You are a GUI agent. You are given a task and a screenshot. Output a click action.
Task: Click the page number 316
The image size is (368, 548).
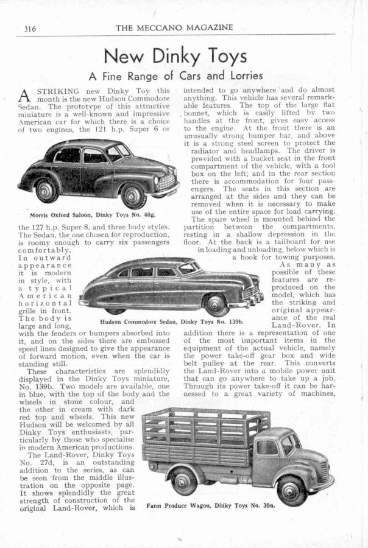pos(31,28)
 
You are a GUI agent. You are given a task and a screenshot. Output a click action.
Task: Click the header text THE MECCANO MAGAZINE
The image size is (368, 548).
pos(174,27)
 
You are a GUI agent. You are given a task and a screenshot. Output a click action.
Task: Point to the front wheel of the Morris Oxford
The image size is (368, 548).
pos(132,195)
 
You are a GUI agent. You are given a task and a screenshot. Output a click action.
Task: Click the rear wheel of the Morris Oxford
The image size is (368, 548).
pos(46,191)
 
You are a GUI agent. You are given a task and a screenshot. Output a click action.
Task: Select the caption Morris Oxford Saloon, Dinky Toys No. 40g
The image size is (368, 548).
pos(93,214)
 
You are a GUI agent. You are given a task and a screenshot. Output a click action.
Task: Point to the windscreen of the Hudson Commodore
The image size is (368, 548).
pos(188,269)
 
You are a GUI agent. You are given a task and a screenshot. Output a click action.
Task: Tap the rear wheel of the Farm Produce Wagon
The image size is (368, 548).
pos(184,481)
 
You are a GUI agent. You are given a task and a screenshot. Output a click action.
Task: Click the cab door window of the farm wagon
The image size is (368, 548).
pos(266,448)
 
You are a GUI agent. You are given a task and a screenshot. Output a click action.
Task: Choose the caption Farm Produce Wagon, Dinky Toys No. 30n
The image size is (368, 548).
pos(211,505)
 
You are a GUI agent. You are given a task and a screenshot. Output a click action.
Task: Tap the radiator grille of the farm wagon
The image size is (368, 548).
pos(323,470)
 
